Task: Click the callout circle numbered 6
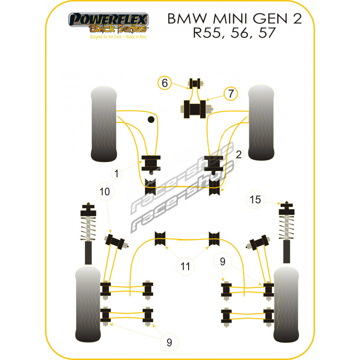[165, 83]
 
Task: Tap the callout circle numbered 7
[230, 94]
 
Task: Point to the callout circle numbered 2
[238, 155]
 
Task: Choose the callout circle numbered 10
[104, 192]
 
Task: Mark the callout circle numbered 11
[185, 267]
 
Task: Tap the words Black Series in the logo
[118, 29]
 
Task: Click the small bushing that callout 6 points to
[195, 83]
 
